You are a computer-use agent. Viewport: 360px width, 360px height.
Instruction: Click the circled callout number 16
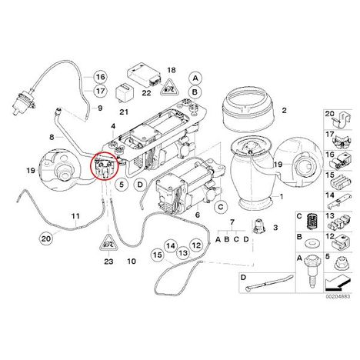(101, 77)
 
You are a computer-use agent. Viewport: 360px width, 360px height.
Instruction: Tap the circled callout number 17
(101, 91)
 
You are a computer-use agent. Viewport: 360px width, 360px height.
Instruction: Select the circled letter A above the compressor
(195, 78)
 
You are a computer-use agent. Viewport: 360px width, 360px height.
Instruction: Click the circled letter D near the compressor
(140, 185)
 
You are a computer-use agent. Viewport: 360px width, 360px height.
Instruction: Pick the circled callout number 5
(122, 184)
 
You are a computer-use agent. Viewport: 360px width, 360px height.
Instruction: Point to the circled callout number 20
(46, 238)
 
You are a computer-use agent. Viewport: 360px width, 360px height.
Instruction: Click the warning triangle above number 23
(108, 242)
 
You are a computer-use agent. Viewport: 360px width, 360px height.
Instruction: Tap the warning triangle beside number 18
(169, 88)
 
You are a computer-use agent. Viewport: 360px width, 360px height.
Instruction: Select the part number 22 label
(146, 92)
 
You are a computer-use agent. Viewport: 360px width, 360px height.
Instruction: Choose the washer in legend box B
(312, 242)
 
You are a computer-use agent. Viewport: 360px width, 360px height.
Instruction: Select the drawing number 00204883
(338, 296)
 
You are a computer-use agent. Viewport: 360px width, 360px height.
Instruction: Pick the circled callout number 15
(158, 255)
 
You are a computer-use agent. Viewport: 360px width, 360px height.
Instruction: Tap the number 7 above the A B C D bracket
(232, 222)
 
